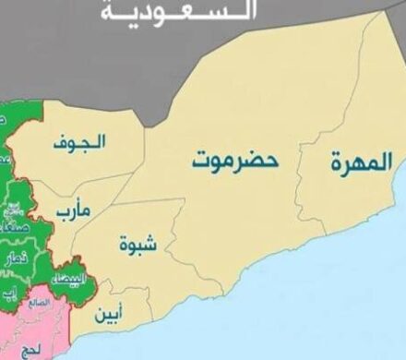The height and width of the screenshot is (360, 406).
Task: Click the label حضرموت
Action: tap(234, 158)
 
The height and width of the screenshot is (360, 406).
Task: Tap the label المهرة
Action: tap(360, 163)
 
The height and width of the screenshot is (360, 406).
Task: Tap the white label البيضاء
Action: tap(71, 278)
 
